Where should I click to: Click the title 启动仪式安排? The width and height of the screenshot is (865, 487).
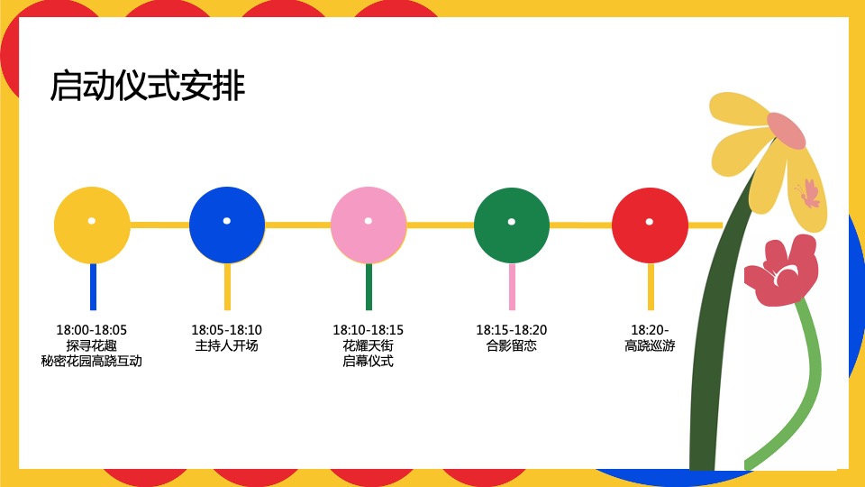click(148, 87)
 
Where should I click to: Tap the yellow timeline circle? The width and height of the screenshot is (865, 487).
click(92, 225)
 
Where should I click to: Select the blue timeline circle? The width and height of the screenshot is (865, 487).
click(227, 225)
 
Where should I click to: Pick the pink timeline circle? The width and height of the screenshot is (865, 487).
click(369, 225)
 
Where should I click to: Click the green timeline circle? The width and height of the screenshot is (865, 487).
click(512, 225)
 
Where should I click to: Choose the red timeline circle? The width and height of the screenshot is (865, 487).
click(650, 225)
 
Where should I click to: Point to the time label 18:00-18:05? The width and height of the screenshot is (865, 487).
click(92, 330)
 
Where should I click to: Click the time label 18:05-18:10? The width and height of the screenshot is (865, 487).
click(227, 330)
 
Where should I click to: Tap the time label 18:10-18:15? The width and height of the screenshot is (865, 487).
click(369, 330)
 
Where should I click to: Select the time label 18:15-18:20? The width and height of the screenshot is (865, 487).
click(512, 330)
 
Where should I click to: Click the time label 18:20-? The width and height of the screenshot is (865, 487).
click(650, 330)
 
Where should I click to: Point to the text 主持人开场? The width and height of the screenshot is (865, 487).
click(227, 345)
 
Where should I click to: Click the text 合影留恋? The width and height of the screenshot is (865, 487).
click(512, 345)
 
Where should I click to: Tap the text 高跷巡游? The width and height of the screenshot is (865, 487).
click(650, 345)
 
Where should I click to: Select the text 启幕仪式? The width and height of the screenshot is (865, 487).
click(369, 361)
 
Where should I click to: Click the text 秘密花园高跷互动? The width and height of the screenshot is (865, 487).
click(92, 361)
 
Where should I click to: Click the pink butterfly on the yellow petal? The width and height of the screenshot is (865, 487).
click(808, 193)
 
